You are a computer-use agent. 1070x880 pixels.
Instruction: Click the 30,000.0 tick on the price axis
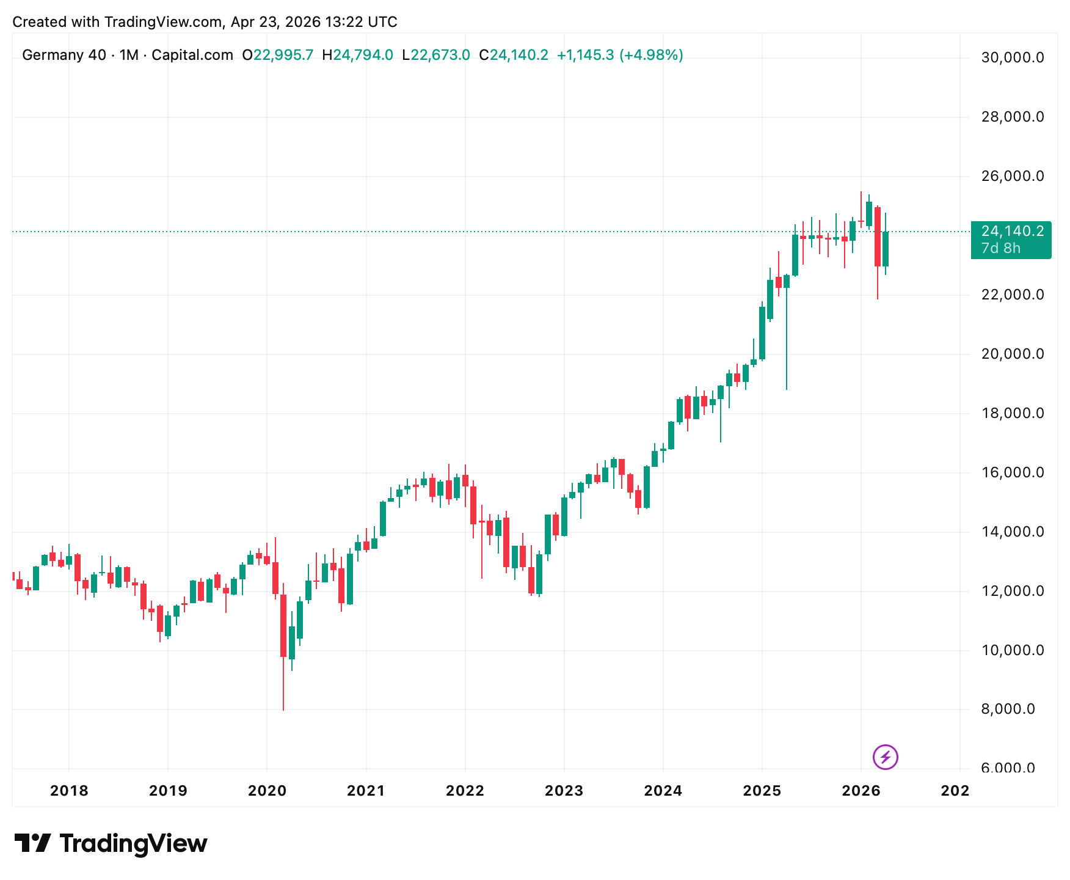point(1012,58)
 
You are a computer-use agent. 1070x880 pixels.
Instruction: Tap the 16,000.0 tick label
point(1012,472)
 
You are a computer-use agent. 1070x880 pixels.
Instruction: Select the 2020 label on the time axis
point(267,791)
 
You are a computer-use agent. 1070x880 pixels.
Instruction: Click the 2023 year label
point(564,791)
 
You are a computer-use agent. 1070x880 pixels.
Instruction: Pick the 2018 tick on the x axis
point(69,791)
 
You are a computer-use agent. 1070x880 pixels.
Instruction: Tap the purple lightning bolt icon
point(885,757)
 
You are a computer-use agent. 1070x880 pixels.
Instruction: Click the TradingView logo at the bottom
point(111,844)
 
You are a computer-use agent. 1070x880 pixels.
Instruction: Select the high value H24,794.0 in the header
point(357,56)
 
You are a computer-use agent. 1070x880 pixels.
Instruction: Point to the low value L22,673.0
point(435,56)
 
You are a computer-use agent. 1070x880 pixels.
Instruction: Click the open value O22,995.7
point(277,56)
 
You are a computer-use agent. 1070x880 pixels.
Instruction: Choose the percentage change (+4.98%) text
point(651,56)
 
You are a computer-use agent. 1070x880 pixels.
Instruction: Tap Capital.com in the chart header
point(192,56)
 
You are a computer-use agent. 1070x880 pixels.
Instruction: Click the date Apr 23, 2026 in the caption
point(275,22)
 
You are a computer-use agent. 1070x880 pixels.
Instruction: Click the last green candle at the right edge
point(886,249)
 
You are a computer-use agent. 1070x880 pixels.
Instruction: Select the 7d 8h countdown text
point(1000,248)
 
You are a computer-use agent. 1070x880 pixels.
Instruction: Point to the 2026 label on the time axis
point(861,791)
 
